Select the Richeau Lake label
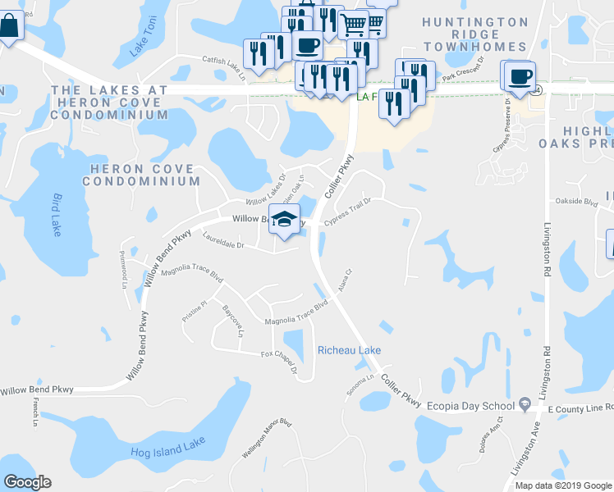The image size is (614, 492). tap(349, 350)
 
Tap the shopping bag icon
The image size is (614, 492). tap(8, 27)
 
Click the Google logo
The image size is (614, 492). tap(27, 482)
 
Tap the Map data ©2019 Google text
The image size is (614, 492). tap(562, 485)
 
